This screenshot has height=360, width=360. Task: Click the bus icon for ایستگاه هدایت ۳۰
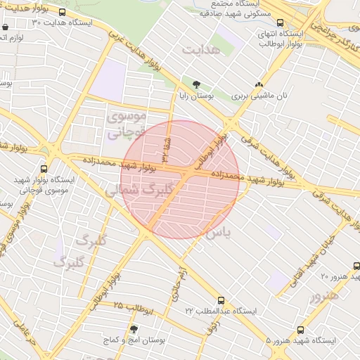63,13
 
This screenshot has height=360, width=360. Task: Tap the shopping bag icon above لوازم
6,27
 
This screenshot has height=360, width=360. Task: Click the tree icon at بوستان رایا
196,84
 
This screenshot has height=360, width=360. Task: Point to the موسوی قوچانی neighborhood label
127,121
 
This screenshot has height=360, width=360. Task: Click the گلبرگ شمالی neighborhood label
138,190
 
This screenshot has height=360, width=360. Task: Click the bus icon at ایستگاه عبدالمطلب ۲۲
221,300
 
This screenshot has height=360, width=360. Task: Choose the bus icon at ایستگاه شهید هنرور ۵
301,330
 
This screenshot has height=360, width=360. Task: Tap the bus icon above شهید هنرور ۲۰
356,266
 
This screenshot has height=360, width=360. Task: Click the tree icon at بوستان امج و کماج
134,329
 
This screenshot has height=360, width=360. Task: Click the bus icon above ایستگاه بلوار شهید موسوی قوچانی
44,169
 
